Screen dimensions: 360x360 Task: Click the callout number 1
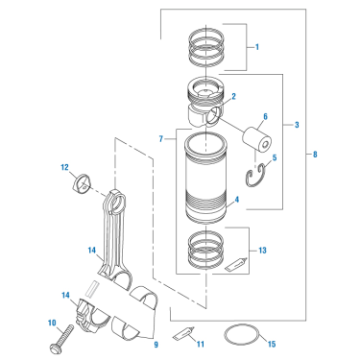(x=257, y=47)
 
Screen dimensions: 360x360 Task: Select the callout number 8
(x=315, y=155)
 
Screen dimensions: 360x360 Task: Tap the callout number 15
(x=272, y=344)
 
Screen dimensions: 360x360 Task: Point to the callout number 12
(x=64, y=167)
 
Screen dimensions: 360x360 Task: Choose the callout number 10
(x=52, y=324)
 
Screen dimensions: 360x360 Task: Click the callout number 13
(x=262, y=251)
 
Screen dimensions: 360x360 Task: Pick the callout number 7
(x=161, y=138)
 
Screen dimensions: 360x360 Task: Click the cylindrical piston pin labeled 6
(x=256, y=138)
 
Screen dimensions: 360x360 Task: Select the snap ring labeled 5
(x=256, y=176)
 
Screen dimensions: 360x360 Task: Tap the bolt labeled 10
(x=61, y=339)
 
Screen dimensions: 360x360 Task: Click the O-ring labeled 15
(x=241, y=335)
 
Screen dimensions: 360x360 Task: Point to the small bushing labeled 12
(x=82, y=183)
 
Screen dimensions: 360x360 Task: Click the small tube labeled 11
(x=183, y=333)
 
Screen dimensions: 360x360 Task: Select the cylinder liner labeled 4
(x=204, y=178)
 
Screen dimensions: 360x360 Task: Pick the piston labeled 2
(x=204, y=102)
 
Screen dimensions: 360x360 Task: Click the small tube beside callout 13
(x=236, y=265)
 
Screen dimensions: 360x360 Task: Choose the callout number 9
(x=156, y=345)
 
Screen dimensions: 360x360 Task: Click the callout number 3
(x=297, y=125)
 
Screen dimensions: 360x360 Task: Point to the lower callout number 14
(x=65, y=295)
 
